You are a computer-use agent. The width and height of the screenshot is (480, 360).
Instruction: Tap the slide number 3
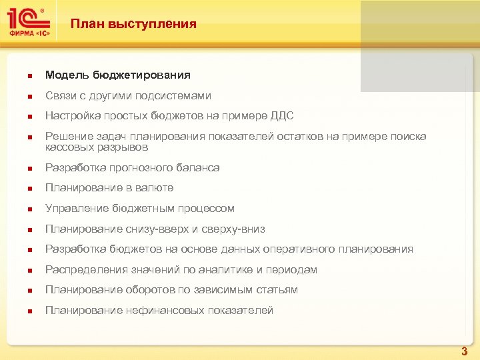tap(465, 351)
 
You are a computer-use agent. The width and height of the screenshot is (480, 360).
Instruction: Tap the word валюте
tap(154, 188)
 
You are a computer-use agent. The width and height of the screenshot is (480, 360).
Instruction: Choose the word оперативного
tap(302, 249)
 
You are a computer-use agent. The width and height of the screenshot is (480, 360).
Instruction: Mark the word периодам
tap(291, 270)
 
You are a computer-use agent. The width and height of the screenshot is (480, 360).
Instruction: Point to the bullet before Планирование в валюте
tap(23, 189)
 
